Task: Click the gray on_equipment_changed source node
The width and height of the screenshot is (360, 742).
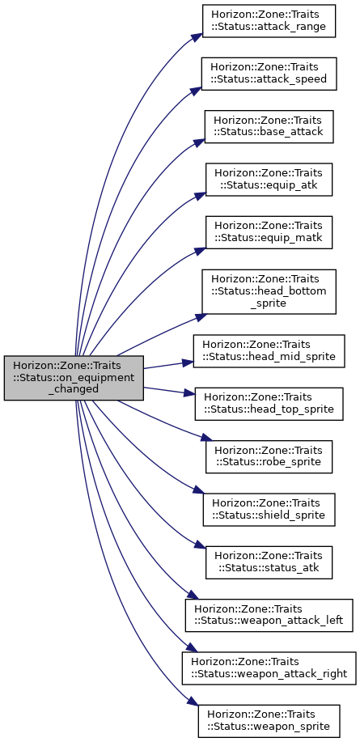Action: pyautogui.click(x=74, y=378)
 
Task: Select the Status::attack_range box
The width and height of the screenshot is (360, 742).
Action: pyautogui.click(x=269, y=21)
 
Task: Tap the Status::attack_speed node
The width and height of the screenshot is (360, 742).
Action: pyautogui.click(x=269, y=74)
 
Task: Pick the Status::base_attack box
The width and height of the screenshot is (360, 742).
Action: pyautogui.click(x=269, y=126)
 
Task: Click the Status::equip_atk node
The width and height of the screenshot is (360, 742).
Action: pyautogui.click(x=269, y=180)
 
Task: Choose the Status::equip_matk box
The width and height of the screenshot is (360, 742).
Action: pyautogui.click(x=269, y=232)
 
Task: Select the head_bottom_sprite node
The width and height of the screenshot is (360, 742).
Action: pyautogui.click(x=269, y=291)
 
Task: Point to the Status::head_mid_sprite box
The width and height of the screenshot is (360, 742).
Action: pyautogui.click(x=269, y=350)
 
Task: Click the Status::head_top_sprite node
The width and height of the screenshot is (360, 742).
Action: pyautogui.click(x=269, y=404)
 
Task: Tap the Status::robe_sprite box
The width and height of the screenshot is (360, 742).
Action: pyautogui.click(x=269, y=456)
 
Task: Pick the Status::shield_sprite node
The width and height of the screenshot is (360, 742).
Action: pyautogui.click(x=269, y=509)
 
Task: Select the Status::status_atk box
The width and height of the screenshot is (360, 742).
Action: pyautogui.click(x=269, y=562)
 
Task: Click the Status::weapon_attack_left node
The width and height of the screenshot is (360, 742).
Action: pyautogui.click(x=269, y=615)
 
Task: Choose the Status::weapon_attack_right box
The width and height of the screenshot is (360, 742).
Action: pyautogui.click(x=269, y=668)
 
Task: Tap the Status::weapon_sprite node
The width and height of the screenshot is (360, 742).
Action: pyautogui.click(x=269, y=721)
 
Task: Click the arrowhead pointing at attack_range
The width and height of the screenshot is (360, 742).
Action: pyautogui.click(x=197, y=37)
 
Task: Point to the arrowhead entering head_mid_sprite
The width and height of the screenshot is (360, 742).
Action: pyautogui.click(x=188, y=363)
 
